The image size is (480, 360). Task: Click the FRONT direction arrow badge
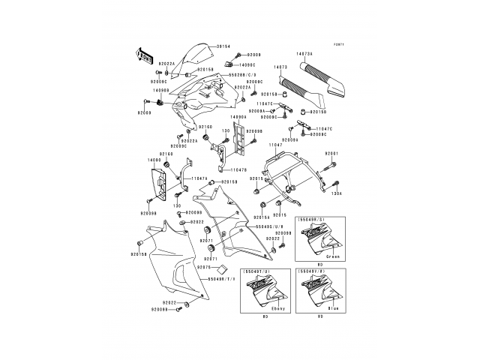143,55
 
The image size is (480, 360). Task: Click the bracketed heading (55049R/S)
311,220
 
